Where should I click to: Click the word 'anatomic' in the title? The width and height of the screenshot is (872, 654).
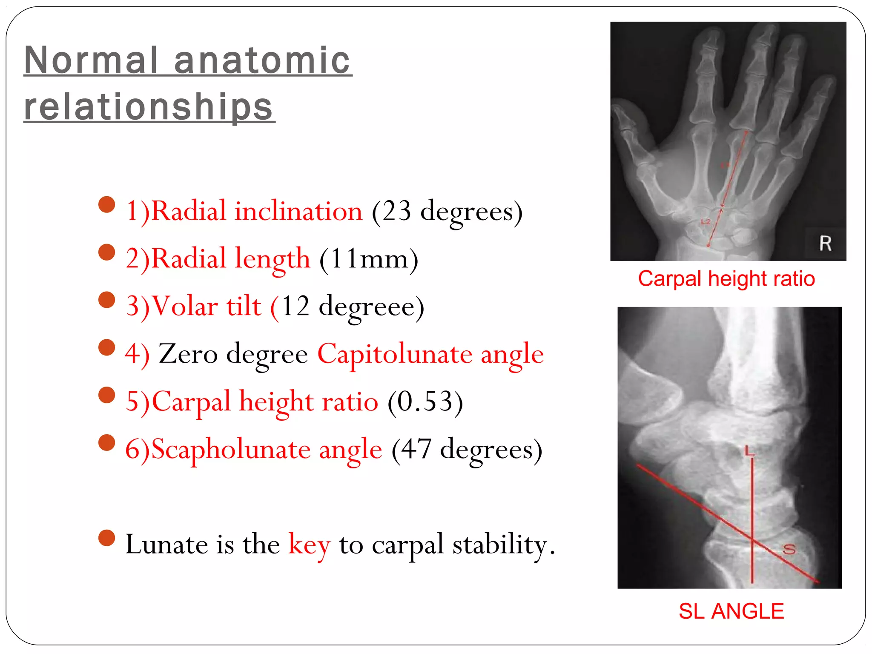click(x=262, y=60)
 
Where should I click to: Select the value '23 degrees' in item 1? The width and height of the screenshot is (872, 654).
click(x=447, y=212)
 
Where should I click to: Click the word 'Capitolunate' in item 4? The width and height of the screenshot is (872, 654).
click(x=395, y=354)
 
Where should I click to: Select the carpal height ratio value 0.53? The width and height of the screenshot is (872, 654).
click(x=425, y=402)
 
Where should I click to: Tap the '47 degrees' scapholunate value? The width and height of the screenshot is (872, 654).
click(x=467, y=450)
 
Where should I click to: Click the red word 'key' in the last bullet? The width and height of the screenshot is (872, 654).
click(x=309, y=545)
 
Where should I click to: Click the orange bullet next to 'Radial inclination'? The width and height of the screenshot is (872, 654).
click(x=106, y=204)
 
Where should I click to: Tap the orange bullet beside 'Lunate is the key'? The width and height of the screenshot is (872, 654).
click(x=106, y=538)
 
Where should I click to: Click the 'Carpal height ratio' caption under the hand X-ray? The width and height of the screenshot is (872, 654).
click(x=726, y=279)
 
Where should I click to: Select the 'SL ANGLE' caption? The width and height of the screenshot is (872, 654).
click(x=731, y=611)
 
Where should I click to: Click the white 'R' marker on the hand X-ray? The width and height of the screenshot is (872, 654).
click(x=825, y=244)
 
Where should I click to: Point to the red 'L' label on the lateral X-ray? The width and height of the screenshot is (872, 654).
click(x=749, y=451)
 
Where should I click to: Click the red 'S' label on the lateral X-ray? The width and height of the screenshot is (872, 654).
click(x=789, y=549)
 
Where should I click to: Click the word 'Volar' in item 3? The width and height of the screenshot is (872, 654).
click(x=185, y=307)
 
